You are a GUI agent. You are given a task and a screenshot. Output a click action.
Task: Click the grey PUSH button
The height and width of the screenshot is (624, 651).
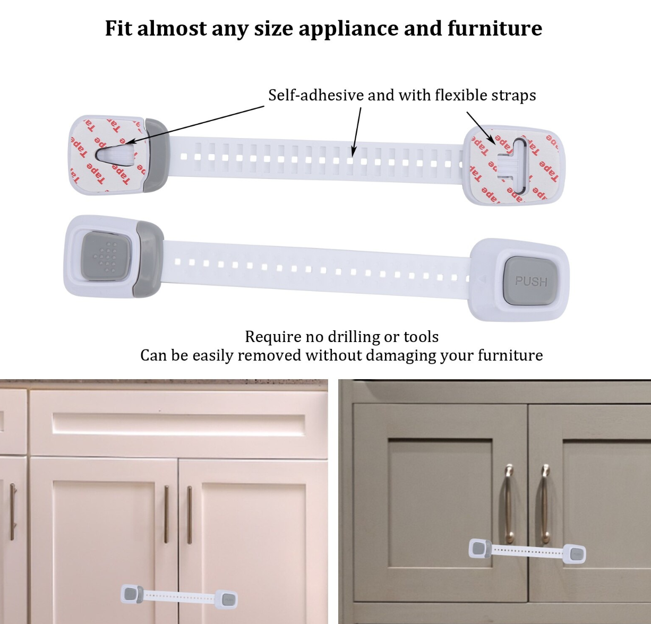pos(530,281)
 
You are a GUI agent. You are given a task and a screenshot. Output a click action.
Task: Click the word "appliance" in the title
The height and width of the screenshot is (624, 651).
pos(348,29)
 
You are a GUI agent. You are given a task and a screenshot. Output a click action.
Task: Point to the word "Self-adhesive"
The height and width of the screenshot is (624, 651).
pos(316,95)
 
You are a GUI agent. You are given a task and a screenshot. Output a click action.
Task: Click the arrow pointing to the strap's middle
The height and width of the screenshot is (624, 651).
pos(356,132)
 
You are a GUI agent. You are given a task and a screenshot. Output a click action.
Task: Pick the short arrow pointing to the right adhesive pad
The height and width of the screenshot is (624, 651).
pos(482,129)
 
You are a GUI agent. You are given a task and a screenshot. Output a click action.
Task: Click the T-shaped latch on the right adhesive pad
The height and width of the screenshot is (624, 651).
pos(511,166)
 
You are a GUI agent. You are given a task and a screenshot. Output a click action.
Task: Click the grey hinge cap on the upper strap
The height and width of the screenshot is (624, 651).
pos(157,155)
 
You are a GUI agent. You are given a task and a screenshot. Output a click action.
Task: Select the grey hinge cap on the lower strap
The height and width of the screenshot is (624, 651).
pos(149,259)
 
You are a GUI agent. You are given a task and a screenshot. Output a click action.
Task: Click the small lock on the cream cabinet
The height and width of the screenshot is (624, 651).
pos(179,596)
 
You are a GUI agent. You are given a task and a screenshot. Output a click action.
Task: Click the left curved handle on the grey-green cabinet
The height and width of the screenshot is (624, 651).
pos(509,503)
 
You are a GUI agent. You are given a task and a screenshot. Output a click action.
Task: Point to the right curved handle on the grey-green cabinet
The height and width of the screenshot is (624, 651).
pos(545,503)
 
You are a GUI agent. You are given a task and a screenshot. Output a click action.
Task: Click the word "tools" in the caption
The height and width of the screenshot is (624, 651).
pos(421,337)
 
